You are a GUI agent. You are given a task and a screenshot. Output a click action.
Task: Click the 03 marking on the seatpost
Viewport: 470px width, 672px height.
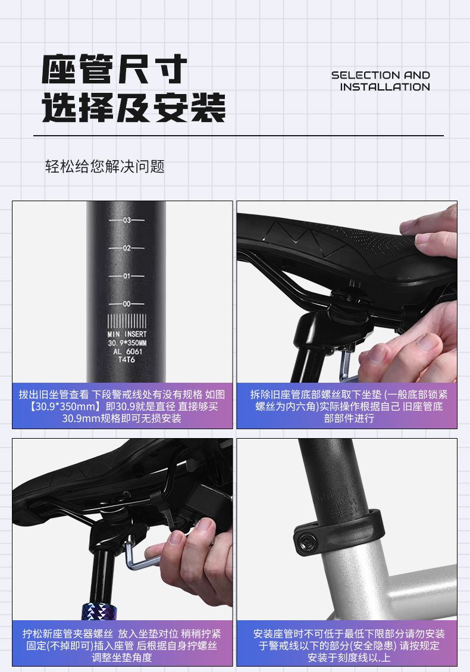(127, 220)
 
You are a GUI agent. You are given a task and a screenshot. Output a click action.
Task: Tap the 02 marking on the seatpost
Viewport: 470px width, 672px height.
(127, 248)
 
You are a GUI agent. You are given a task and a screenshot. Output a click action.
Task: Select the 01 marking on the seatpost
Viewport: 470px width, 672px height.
(127, 276)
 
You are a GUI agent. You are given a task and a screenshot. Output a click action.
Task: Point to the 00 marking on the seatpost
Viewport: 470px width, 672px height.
(127, 304)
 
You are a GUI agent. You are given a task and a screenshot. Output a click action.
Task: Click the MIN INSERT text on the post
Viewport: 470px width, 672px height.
(127, 334)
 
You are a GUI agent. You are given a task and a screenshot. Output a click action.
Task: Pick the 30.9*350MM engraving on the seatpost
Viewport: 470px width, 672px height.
(127, 343)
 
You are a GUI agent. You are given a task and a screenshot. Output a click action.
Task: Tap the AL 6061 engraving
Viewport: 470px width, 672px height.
(127, 351)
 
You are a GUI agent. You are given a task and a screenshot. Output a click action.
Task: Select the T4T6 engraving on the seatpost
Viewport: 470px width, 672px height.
(127, 360)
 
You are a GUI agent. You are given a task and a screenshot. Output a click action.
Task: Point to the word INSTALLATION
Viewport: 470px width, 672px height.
(385, 87)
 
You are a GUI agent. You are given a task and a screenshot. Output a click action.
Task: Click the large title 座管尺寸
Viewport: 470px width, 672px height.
(114, 69)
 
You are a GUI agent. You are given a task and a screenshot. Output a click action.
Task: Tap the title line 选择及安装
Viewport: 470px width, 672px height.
(134, 107)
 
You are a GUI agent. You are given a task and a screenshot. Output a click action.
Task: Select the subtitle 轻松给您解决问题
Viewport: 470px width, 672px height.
(105, 166)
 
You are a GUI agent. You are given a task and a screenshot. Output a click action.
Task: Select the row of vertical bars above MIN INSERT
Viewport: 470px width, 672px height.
(127, 321)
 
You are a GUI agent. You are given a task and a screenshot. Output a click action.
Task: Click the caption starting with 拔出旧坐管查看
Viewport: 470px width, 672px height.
(122, 407)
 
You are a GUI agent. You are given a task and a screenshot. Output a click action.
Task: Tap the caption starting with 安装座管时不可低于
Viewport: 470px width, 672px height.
(349, 645)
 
